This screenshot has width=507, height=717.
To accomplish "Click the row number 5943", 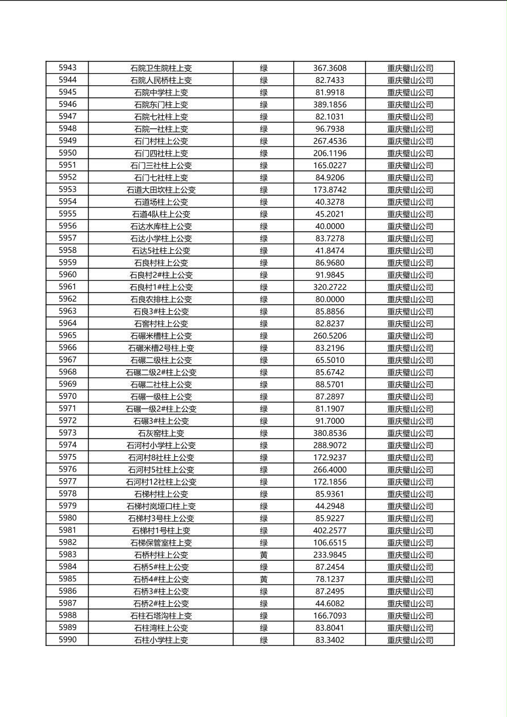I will click(67, 68).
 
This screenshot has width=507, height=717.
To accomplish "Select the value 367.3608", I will click(330, 68).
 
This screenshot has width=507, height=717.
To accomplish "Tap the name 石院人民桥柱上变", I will click(161, 80).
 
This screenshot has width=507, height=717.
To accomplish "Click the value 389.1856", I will click(330, 105).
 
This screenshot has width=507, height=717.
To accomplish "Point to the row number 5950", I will click(67, 153).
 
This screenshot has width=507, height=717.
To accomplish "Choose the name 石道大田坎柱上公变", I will click(161, 190).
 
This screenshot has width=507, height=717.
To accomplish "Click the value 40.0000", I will click(330, 226).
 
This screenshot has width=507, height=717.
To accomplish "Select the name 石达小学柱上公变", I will click(161, 239).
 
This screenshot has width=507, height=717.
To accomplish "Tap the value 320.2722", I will click(330, 287).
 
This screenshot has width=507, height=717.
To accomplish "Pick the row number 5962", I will click(67, 299).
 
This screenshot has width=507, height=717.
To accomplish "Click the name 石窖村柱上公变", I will click(161, 323).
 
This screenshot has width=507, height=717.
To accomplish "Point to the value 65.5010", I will click(330, 360).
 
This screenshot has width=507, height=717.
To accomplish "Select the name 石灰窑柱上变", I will click(161, 433).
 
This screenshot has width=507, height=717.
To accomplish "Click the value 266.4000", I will click(330, 470).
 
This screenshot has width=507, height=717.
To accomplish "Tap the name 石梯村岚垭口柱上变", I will click(161, 506).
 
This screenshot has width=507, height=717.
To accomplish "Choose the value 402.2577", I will click(330, 531).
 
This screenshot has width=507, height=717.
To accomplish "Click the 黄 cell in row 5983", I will click(264, 555).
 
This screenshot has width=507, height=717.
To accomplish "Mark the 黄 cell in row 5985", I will click(264, 580).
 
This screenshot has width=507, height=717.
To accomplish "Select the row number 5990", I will click(67, 640).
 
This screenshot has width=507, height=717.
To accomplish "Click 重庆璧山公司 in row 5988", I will click(410, 616).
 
